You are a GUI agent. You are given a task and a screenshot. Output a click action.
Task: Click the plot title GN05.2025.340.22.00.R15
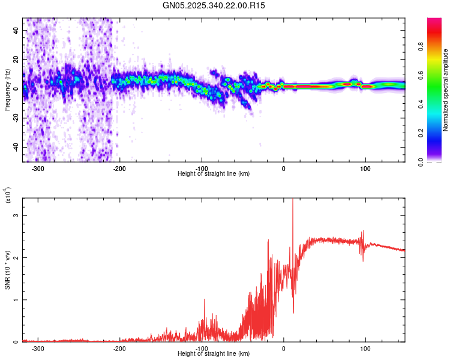pyautogui.click(x=218, y=5)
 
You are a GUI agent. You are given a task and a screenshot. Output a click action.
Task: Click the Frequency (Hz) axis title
pyautogui.click(x=7, y=89)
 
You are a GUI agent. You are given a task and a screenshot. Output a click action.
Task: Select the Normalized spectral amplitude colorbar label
pyautogui.click(x=445, y=90)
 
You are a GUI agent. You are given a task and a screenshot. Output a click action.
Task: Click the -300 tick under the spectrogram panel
pyautogui.click(x=38, y=169)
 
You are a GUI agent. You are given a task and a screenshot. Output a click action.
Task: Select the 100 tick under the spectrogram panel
pyautogui.click(x=365, y=169)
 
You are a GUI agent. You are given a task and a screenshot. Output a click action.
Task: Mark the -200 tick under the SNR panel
pyautogui.click(x=120, y=349)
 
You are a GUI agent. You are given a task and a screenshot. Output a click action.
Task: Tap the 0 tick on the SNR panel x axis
pyautogui.click(x=284, y=349)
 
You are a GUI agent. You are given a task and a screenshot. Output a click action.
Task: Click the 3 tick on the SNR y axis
pyautogui.click(x=17, y=215)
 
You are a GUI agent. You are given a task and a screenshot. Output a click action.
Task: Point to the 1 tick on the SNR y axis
pyautogui.click(x=17, y=299)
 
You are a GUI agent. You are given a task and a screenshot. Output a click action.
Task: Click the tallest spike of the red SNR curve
pyautogui.click(x=292, y=201)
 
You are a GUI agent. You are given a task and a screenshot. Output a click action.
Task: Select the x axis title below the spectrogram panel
pyautogui.click(x=214, y=174)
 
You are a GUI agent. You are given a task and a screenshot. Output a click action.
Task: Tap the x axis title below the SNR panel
pyautogui.click(x=214, y=354)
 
